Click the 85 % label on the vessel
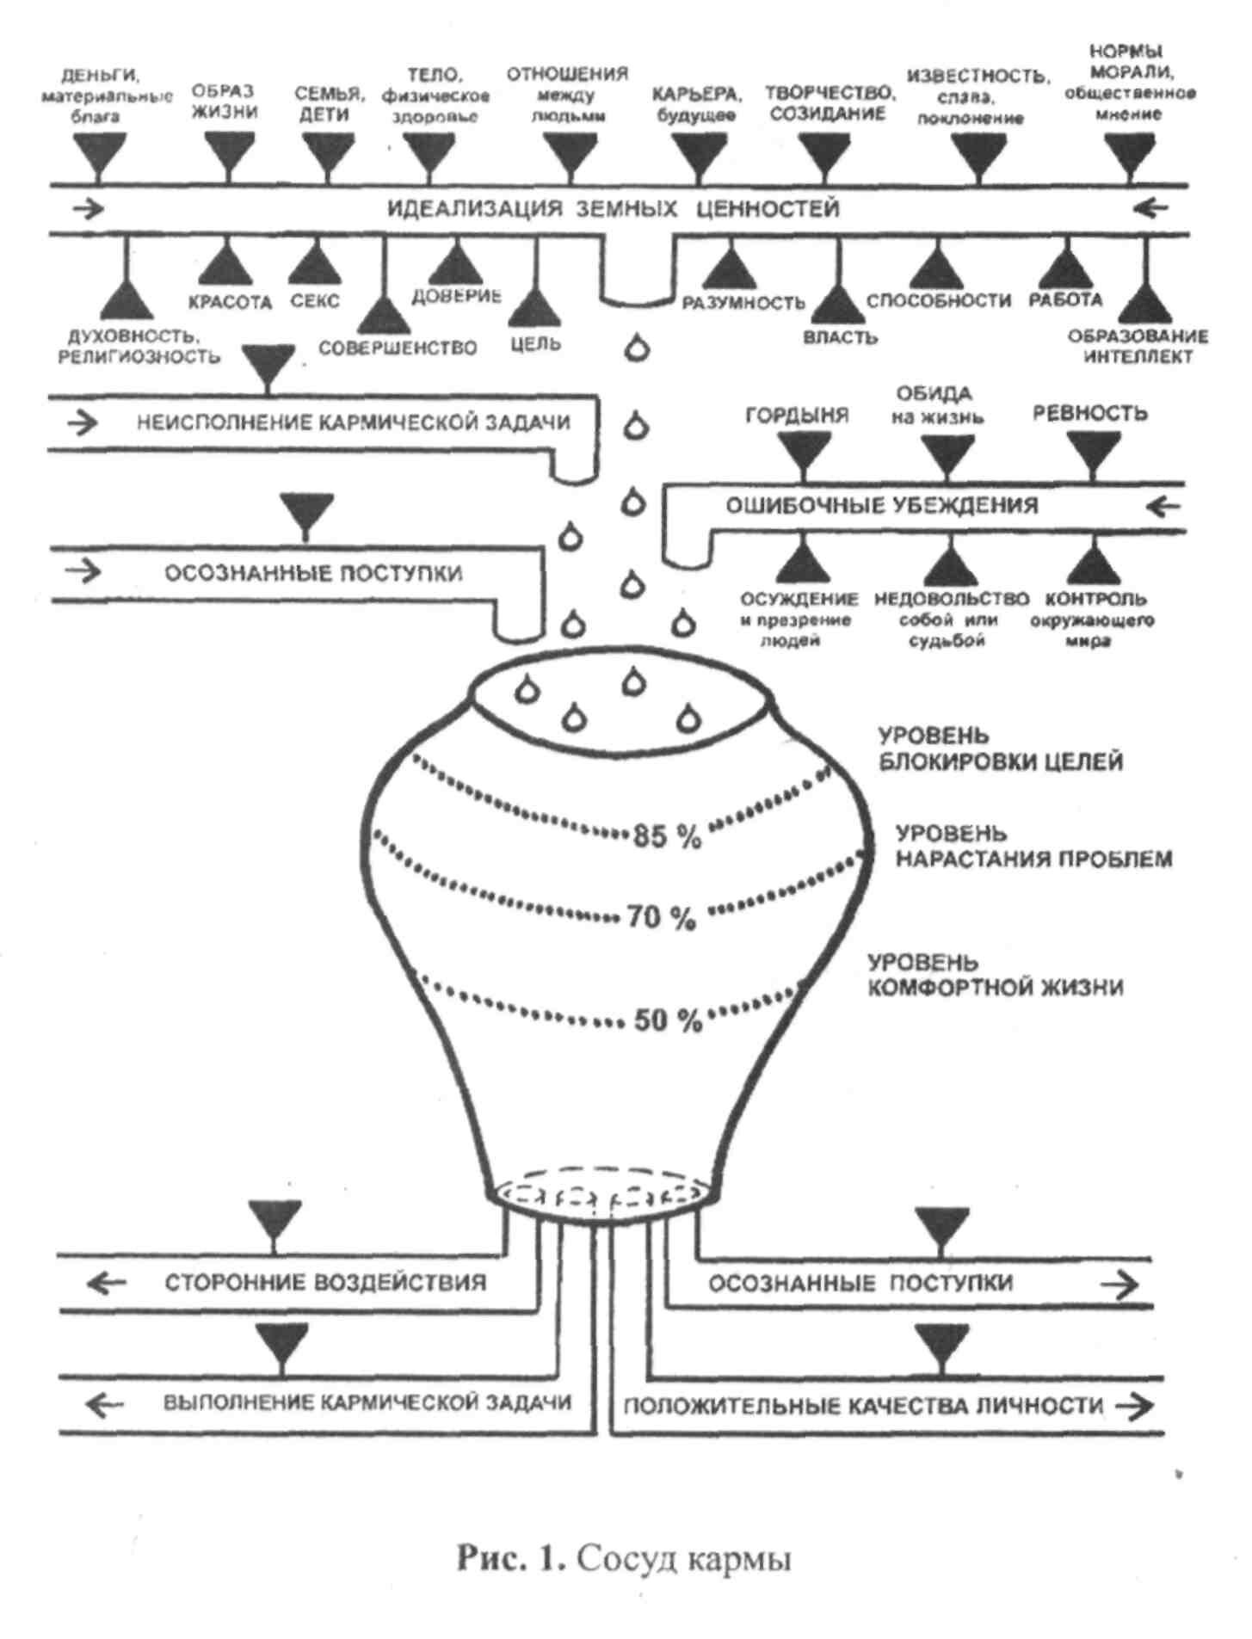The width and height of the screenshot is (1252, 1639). [667, 835]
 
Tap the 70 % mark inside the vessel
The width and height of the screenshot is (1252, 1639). [661, 917]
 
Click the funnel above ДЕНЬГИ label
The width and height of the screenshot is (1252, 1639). [98, 155]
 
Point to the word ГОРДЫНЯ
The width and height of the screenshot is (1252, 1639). [797, 416]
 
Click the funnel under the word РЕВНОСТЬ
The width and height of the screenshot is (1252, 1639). [1093, 453]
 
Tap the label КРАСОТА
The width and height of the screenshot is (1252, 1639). [230, 302]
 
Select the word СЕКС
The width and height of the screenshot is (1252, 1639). [315, 302]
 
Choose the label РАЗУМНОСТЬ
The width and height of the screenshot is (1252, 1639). [743, 303]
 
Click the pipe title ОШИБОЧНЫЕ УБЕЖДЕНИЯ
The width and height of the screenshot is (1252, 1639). [881, 505]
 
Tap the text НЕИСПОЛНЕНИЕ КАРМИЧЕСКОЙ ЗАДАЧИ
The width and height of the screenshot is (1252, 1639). [353, 422]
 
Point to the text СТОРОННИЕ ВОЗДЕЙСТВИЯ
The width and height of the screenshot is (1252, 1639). [325, 1283]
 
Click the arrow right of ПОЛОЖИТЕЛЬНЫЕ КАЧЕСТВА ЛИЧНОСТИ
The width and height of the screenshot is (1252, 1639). [1134, 1406]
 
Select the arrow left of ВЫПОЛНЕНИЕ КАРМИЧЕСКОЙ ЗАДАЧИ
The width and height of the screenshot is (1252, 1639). [105, 1404]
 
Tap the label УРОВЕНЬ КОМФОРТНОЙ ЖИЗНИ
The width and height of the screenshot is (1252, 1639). [994, 975]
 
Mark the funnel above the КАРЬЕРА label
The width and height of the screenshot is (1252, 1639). [698, 157]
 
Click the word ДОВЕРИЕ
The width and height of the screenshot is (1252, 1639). [456, 296]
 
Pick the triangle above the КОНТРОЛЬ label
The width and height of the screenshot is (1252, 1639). [1094, 564]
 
